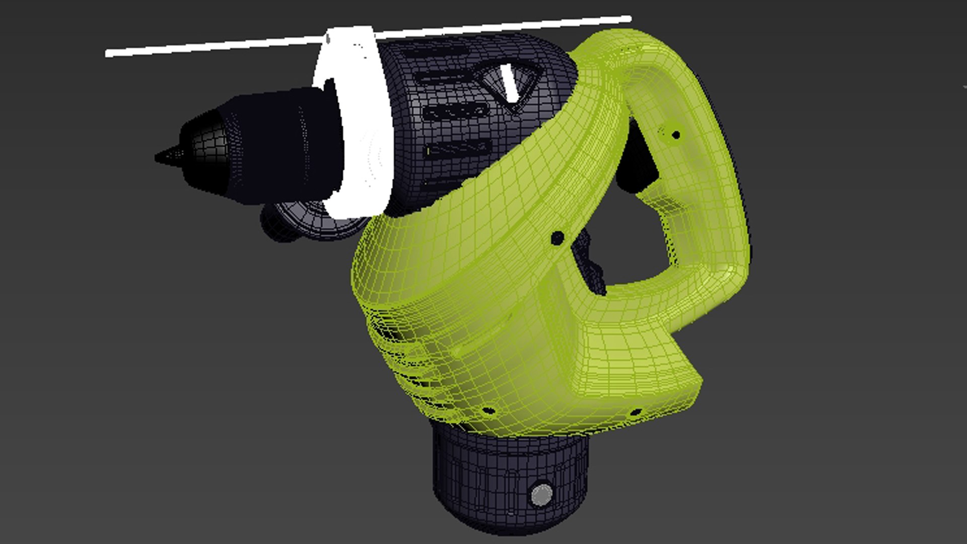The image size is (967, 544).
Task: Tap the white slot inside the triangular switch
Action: pos(510,83)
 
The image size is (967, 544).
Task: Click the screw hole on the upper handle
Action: pos(676,135)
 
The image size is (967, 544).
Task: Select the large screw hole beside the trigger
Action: pos(557,238)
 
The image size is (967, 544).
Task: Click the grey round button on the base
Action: pos(541,495)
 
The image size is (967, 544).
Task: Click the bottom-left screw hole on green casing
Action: pos(488,411)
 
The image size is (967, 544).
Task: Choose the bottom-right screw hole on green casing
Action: pos(636,412)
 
